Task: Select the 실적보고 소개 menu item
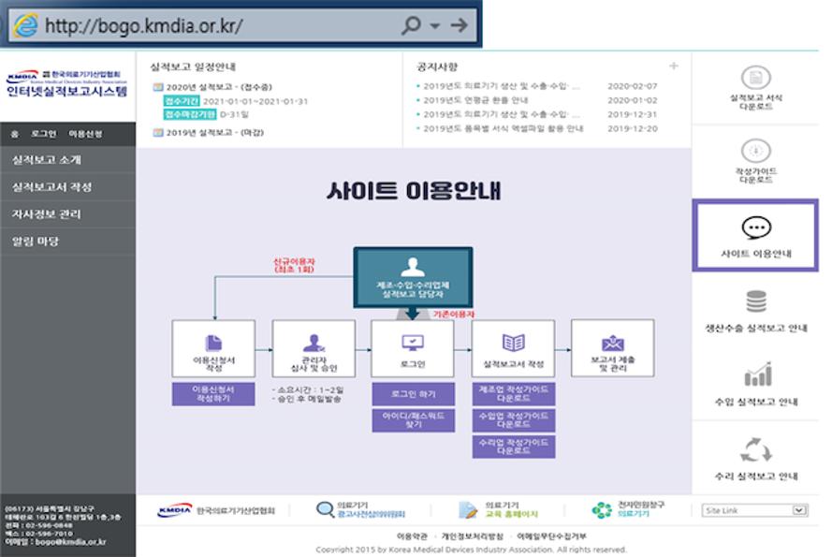click(47, 160)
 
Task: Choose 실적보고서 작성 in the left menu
click(52, 187)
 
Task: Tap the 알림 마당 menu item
click(36, 242)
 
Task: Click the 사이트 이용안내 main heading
click(414, 191)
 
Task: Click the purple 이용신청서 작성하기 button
click(212, 393)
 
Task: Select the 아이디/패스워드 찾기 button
click(413, 418)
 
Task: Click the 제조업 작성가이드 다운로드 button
click(514, 393)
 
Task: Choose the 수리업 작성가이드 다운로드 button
click(514, 446)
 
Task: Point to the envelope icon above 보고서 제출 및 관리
click(613, 343)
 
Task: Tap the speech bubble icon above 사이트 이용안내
click(755, 227)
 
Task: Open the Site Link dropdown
click(754, 510)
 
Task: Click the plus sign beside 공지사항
click(674, 66)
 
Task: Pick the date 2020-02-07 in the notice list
click(633, 86)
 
